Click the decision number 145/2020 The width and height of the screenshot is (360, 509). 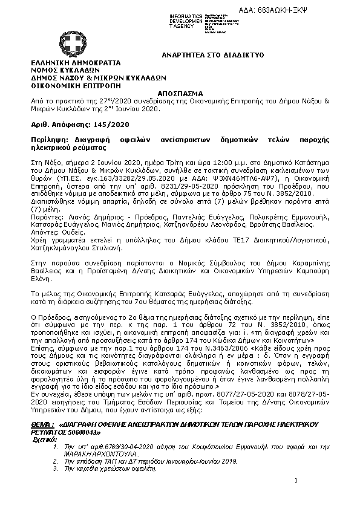(x=111, y=123)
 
